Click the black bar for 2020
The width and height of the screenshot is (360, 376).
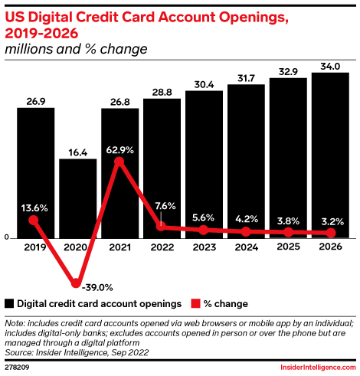[78, 198]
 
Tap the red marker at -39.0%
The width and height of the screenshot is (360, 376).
[76, 283]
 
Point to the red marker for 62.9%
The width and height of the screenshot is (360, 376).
[119, 162]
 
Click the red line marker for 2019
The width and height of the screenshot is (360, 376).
[34, 220]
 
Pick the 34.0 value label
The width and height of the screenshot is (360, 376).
[330, 67]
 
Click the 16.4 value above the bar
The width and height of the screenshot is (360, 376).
[78, 152]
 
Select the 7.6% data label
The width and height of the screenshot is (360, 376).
[165, 206]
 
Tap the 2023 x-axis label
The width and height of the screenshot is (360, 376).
[205, 247]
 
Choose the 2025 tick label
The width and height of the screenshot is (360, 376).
[289, 247]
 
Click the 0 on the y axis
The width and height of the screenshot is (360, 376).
[7, 237]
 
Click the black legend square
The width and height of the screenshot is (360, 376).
[9, 303]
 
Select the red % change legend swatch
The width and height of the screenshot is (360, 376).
[195, 303]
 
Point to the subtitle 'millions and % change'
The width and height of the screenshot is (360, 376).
[76, 49]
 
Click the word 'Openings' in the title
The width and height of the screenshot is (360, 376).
[254, 18]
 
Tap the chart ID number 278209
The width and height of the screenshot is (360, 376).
[17, 368]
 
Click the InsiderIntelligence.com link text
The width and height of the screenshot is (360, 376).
[318, 368]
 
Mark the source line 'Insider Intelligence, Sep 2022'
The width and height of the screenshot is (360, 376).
[92, 353]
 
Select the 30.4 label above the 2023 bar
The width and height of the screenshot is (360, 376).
[204, 84]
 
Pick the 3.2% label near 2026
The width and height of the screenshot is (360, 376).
[332, 221]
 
